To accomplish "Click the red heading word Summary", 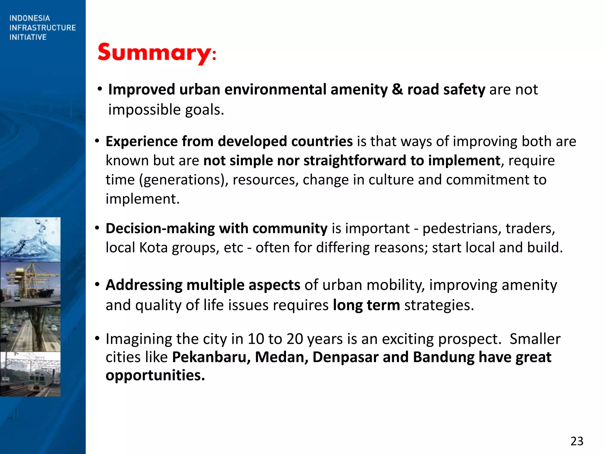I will tap(154, 53).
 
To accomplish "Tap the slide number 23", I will tap(577, 441).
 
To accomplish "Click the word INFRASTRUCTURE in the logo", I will tap(43, 28).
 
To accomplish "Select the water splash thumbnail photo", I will tap(30, 239).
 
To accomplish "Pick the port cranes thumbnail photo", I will tap(30, 284).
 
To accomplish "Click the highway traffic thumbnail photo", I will tap(30, 329).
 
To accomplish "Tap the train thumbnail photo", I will tap(30, 374).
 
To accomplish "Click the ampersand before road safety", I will tap(397, 89).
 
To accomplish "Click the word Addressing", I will tap(144, 285).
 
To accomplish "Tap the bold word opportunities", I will tap(155, 375).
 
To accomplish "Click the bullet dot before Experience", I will tap(97, 141).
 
